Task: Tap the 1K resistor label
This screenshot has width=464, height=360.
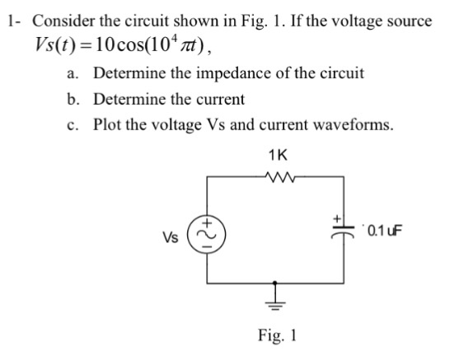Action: [277, 154]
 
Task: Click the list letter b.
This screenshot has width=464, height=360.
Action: [74, 99]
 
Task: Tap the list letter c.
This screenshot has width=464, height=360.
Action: [74, 124]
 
